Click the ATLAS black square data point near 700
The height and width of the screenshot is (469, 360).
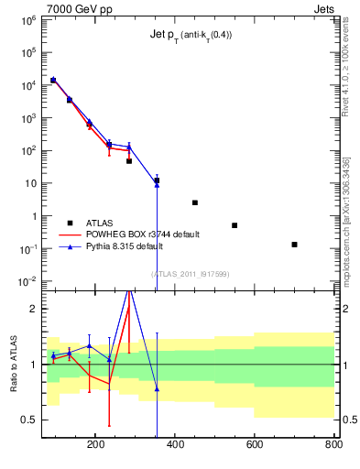[294, 245]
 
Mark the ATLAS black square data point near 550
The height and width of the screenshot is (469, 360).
[235, 225]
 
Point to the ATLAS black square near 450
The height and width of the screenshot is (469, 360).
[195, 202]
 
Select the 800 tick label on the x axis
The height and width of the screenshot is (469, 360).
[333, 444]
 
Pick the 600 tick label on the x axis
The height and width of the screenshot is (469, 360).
[254, 444]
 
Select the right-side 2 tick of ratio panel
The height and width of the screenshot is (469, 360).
[342, 309]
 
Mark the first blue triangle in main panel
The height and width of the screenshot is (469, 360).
[53, 80]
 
